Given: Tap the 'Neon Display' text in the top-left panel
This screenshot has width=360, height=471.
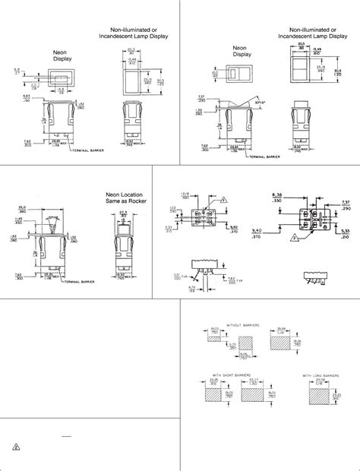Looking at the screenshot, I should click(x=60, y=55).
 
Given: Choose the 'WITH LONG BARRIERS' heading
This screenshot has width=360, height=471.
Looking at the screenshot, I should click(x=321, y=375).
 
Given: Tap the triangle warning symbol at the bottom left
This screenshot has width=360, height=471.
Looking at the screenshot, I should click(x=15, y=447).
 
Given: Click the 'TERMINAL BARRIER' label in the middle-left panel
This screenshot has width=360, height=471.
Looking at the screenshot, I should click(x=83, y=280).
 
